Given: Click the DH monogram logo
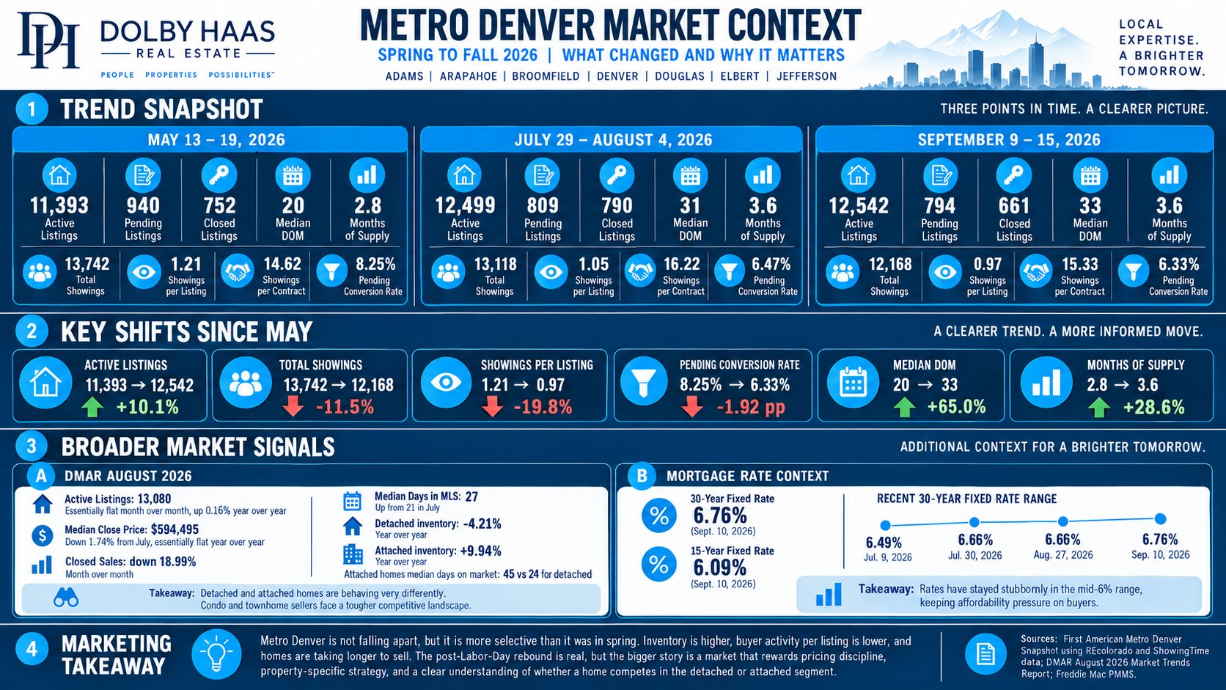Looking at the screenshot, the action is (48, 40).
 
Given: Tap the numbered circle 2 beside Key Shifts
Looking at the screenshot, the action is (32, 331).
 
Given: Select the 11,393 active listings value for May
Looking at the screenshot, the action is (59, 206).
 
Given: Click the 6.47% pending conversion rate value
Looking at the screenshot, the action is (771, 264).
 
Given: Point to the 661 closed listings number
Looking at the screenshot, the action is (1013, 206).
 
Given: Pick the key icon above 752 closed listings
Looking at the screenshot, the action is (219, 175).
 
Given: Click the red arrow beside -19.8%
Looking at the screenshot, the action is (493, 407).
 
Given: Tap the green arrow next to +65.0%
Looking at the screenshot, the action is (904, 407).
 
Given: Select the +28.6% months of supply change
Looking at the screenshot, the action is (1153, 407).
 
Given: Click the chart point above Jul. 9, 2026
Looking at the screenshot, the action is (886, 525).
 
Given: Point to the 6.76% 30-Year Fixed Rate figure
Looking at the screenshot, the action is (720, 515).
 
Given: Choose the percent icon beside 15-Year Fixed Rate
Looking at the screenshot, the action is (658, 564).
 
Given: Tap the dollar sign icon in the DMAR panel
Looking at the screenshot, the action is (42, 535).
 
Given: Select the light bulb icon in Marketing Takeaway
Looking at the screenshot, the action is (217, 654).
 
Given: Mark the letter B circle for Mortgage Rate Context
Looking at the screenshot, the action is (642, 475).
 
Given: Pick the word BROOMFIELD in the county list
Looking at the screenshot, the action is (546, 76).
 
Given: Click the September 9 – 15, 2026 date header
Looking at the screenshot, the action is (1009, 139).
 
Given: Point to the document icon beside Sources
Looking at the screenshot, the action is (985, 654).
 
